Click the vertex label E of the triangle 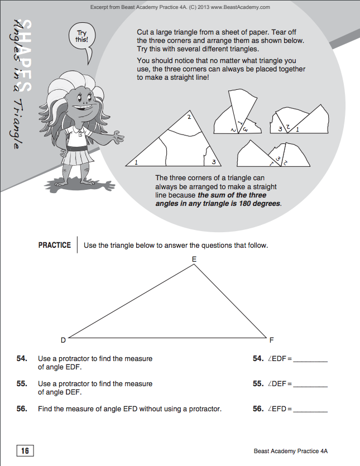194,259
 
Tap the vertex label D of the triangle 63,340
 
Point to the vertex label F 271,340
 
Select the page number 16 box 25,451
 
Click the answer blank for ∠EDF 310,360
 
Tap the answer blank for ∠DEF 310,385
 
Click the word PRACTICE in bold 55,245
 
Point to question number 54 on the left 22,359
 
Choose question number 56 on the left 22,409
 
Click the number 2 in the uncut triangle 189,118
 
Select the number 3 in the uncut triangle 213,162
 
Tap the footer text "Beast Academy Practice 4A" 294,451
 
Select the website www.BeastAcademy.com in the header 241,7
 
